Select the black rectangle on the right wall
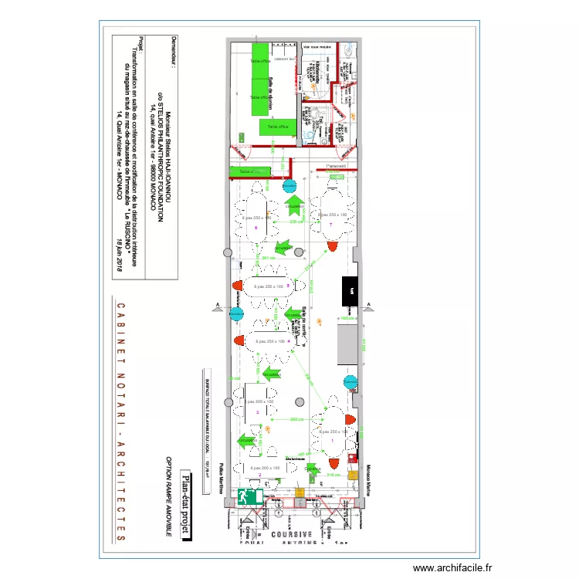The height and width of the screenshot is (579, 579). (349, 292)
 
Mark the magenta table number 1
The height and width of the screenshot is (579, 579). (332, 440)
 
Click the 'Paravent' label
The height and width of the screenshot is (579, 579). (335, 167)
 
